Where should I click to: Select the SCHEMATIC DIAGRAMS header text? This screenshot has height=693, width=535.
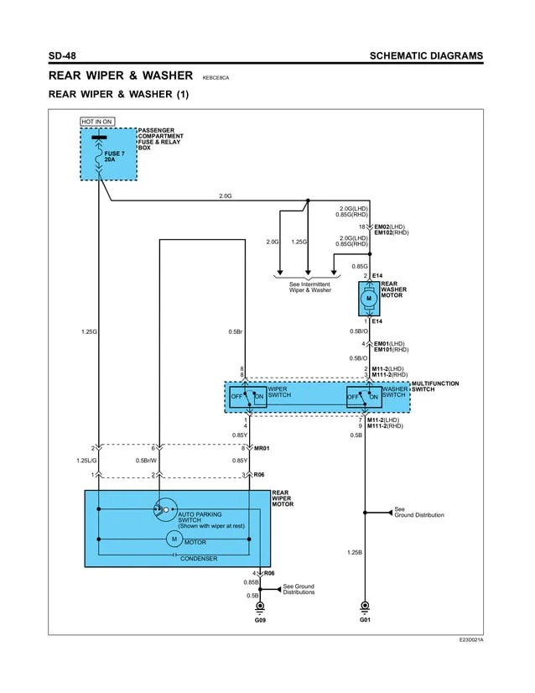coord(426,56)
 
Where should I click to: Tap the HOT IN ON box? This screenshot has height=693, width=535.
coord(96,122)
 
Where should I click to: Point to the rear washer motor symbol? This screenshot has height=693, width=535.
coord(368,299)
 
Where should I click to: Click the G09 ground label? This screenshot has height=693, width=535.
coord(260,620)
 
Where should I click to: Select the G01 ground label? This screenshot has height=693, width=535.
coord(365,620)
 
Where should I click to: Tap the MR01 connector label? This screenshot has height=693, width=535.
coord(262,449)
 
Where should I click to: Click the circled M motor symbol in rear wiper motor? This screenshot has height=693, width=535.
coord(174,539)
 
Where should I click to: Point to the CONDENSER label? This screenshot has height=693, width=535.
coord(199,558)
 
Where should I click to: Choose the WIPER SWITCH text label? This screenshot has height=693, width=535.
coord(279,392)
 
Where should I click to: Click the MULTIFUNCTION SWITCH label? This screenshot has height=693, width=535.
coord(435,386)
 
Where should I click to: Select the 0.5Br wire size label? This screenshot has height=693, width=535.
coord(235,331)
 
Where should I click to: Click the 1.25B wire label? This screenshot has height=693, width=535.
coord(354,552)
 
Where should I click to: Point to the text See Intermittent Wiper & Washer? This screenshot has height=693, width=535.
coord(309,287)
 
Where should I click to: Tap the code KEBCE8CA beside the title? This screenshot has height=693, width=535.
coord(216,77)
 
